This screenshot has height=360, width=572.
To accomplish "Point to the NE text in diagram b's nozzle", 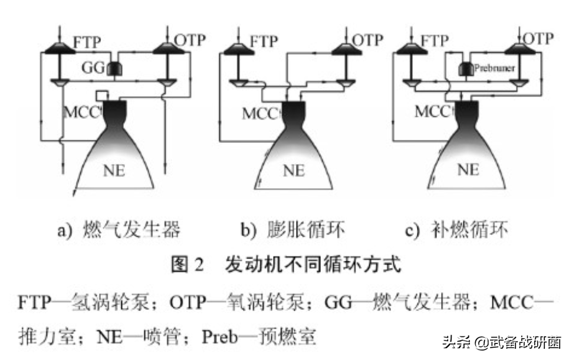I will pyautogui.click(x=294, y=171).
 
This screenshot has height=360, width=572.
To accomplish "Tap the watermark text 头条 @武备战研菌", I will pyautogui.click(x=501, y=342).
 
